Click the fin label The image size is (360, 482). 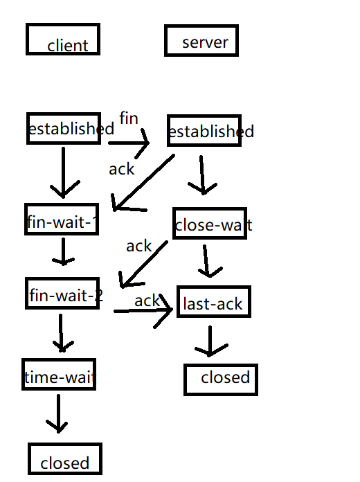tap(129, 118)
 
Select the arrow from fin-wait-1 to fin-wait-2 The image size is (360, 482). tap(63, 251)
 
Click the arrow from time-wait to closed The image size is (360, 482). tap(58, 413)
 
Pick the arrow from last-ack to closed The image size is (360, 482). tap(210, 341)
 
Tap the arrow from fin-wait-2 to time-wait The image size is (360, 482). tap(61, 333)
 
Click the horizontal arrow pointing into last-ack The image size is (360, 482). tap(143, 311)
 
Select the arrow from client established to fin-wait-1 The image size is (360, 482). tap(63, 172)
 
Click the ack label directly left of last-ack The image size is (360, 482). tap(147, 301)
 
